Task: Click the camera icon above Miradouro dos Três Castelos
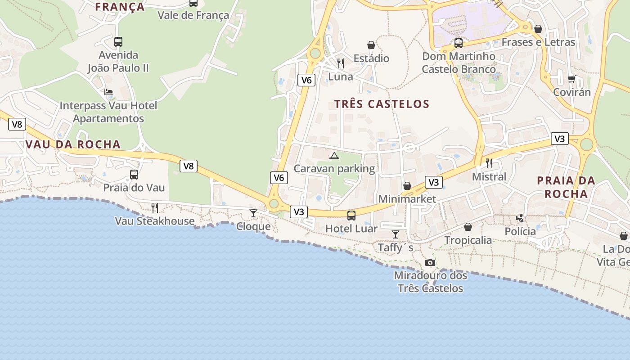click(430, 262)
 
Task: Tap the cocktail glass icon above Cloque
click(253, 213)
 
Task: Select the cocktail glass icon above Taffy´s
click(396, 234)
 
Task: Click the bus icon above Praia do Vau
click(134, 174)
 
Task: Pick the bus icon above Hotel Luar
click(351, 215)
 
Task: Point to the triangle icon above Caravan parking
click(334, 156)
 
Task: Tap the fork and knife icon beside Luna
click(341, 63)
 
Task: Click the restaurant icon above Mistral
click(489, 163)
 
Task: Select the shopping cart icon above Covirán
click(571, 79)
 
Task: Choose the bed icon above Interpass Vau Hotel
click(108, 92)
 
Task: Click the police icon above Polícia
click(520, 218)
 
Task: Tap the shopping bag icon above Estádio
click(371, 45)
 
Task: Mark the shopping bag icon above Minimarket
click(407, 186)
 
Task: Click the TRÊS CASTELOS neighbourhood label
click(382, 104)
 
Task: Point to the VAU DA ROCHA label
click(73, 144)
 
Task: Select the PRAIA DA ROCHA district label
click(566, 187)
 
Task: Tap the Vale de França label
click(193, 15)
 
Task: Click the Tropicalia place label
click(468, 240)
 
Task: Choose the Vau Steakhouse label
click(155, 221)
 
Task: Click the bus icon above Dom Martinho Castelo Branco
click(459, 43)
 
